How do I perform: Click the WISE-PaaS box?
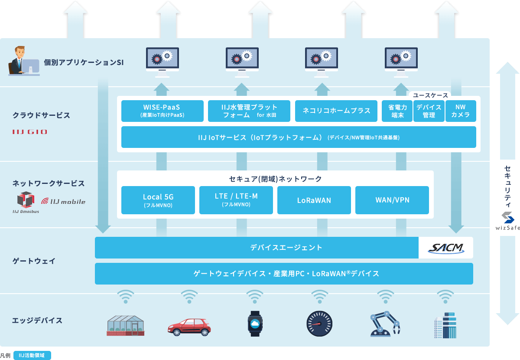[x=162, y=111]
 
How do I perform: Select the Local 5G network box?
[x=158, y=200]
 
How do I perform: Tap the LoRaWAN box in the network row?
[x=314, y=200]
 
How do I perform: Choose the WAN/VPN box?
[x=392, y=200]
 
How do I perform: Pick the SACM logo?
[x=445, y=248]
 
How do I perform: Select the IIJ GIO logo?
[x=30, y=132]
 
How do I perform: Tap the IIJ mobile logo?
[x=63, y=201]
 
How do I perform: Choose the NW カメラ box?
[x=461, y=111]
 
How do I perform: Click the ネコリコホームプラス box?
[x=336, y=111]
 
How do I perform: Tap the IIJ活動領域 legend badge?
[x=32, y=355]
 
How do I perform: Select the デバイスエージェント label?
[x=286, y=248]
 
